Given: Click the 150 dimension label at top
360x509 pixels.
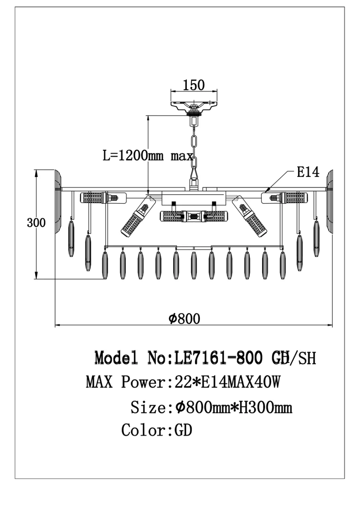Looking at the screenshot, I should coord(194,85).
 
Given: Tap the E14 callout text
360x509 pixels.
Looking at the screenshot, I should coord(308,173).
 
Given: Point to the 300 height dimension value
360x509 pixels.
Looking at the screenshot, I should coord(36,223).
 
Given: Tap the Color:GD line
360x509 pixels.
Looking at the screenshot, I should coord(157,430).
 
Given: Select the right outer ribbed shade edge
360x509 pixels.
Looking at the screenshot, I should coord(330,202).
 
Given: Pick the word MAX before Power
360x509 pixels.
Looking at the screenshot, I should coord(99,382).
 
